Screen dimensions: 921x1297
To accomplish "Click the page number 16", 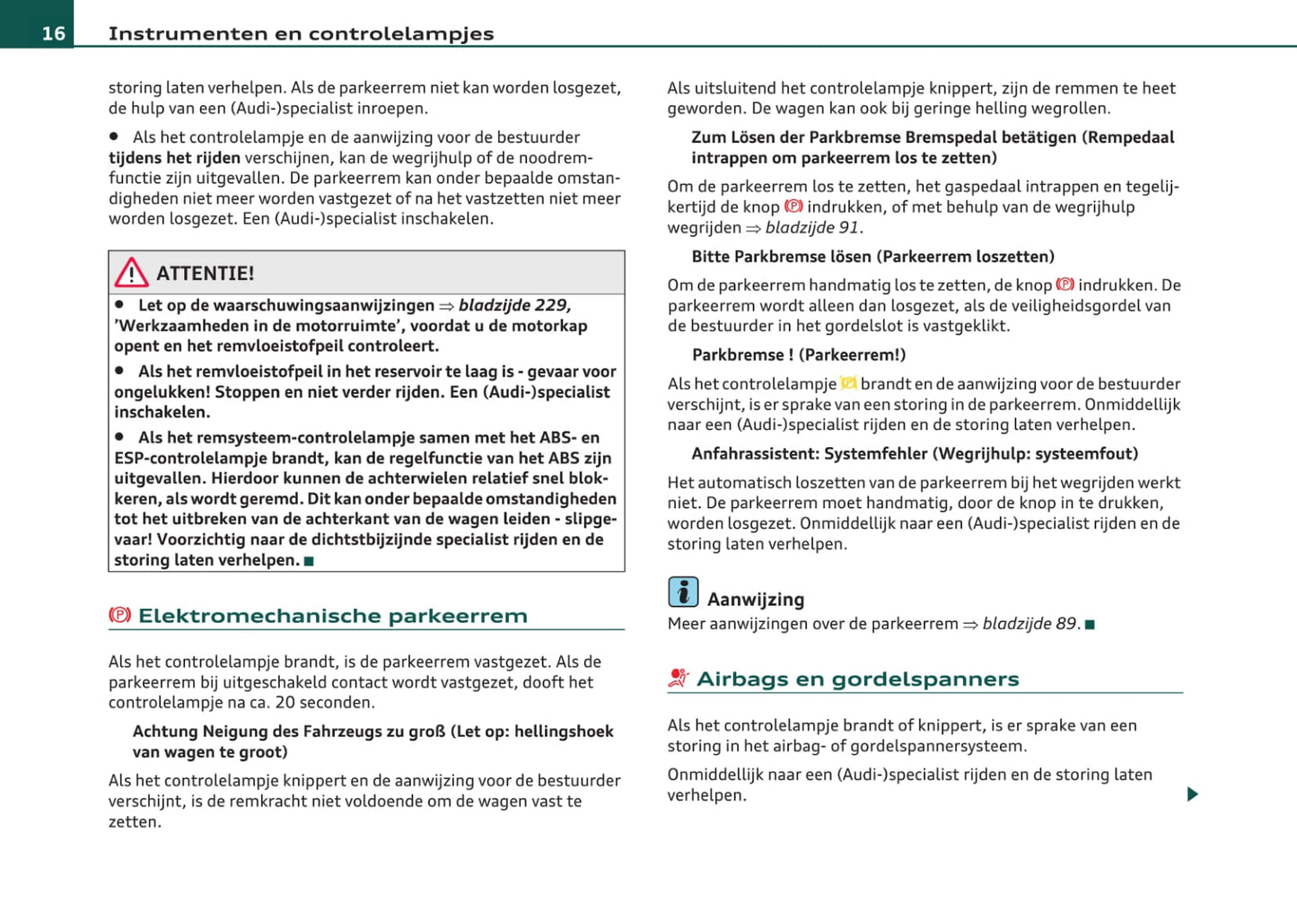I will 53,33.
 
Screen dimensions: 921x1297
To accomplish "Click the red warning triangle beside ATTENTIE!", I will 131,272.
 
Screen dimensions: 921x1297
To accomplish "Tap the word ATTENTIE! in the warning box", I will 205,273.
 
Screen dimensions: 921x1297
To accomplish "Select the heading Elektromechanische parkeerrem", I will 332,616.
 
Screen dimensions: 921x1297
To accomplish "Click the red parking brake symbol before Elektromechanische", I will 119,615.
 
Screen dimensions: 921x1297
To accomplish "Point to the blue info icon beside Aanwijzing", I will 683,592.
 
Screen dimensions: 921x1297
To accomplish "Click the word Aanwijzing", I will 756,600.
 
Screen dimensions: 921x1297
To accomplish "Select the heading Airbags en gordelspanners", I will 857,679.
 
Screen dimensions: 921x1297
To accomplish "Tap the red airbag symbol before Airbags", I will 678,679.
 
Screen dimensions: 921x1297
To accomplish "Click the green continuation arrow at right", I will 1192,794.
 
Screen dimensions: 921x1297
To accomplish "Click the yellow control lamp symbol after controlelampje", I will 848,383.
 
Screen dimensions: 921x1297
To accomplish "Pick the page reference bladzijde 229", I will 514,305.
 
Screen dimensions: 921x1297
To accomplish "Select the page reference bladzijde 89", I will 1029,624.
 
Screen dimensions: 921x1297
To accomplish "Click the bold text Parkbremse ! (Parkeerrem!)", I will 799,355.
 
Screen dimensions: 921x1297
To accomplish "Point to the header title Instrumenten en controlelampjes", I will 301,33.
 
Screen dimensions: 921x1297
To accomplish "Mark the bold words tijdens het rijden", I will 174,158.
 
